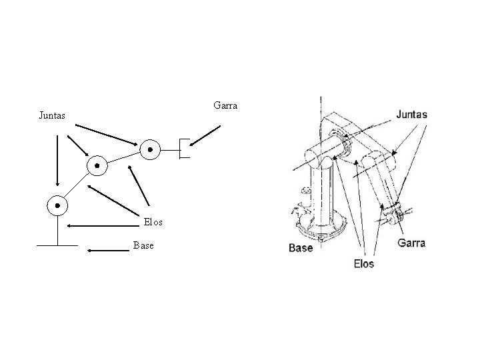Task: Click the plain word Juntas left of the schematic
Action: point(52,115)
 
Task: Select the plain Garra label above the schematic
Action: point(226,105)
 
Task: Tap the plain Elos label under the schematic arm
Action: point(152,221)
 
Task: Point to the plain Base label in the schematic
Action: point(143,245)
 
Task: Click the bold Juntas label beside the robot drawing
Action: point(411,115)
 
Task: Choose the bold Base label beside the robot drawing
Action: point(301,248)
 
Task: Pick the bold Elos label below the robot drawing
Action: point(363,263)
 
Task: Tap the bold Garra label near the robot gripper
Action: point(411,243)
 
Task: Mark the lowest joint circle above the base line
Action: point(57,205)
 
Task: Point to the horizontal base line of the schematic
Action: point(57,245)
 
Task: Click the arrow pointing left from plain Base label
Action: point(107,251)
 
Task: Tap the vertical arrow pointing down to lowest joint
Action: point(57,160)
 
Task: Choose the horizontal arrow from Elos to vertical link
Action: point(100,226)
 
